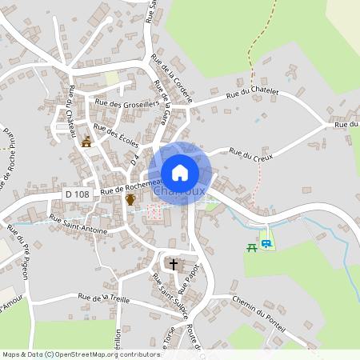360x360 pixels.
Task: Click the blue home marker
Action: point(180,172)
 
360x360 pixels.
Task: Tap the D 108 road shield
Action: point(78,194)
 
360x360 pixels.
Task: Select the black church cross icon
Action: point(173,263)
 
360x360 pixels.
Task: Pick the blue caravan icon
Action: point(266,244)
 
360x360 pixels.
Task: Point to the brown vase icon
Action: point(130,200)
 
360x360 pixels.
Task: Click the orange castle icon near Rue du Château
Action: point(86,142)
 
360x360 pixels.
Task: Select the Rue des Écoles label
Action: point(116,138)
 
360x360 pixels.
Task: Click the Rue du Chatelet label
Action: point(252,94)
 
